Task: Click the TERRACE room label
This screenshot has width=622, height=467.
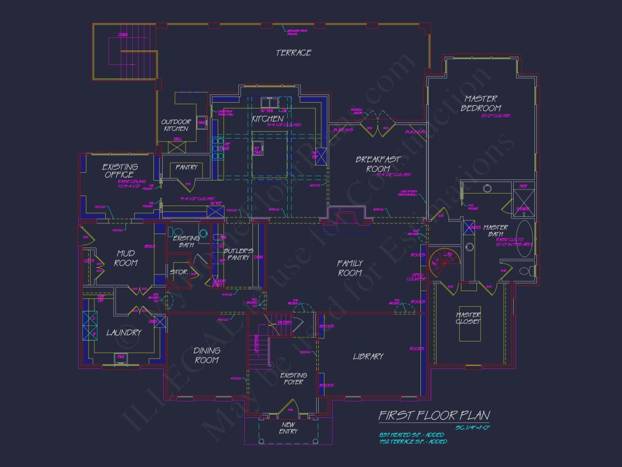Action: coord(293,52)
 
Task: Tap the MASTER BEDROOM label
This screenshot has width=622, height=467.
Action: coord(481,103)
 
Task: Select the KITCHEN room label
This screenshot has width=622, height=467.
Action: coord(267,119)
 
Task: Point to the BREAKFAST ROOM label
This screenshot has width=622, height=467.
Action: coord(378,163)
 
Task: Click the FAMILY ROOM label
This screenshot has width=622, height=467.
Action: coord(350,268)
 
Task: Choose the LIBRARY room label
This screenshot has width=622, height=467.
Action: coord(368,356)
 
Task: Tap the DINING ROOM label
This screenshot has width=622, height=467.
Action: coord(207,355)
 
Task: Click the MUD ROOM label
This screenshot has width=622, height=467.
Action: coord(125,258)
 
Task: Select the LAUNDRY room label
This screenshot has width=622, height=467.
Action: coord(124,332)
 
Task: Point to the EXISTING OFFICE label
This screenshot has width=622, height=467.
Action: coord(120,171)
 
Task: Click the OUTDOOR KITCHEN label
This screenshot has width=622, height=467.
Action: coord(176,125)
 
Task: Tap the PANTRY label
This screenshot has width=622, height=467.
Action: coord(187,167)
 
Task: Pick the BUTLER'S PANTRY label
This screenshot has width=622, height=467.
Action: coord(237,254)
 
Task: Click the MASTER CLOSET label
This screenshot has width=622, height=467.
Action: coord(469,318)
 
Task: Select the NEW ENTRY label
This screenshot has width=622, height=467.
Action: coord(288,428)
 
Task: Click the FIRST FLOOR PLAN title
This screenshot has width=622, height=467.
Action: coord(434,415)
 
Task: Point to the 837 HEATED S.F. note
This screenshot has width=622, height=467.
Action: coord(411,434)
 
